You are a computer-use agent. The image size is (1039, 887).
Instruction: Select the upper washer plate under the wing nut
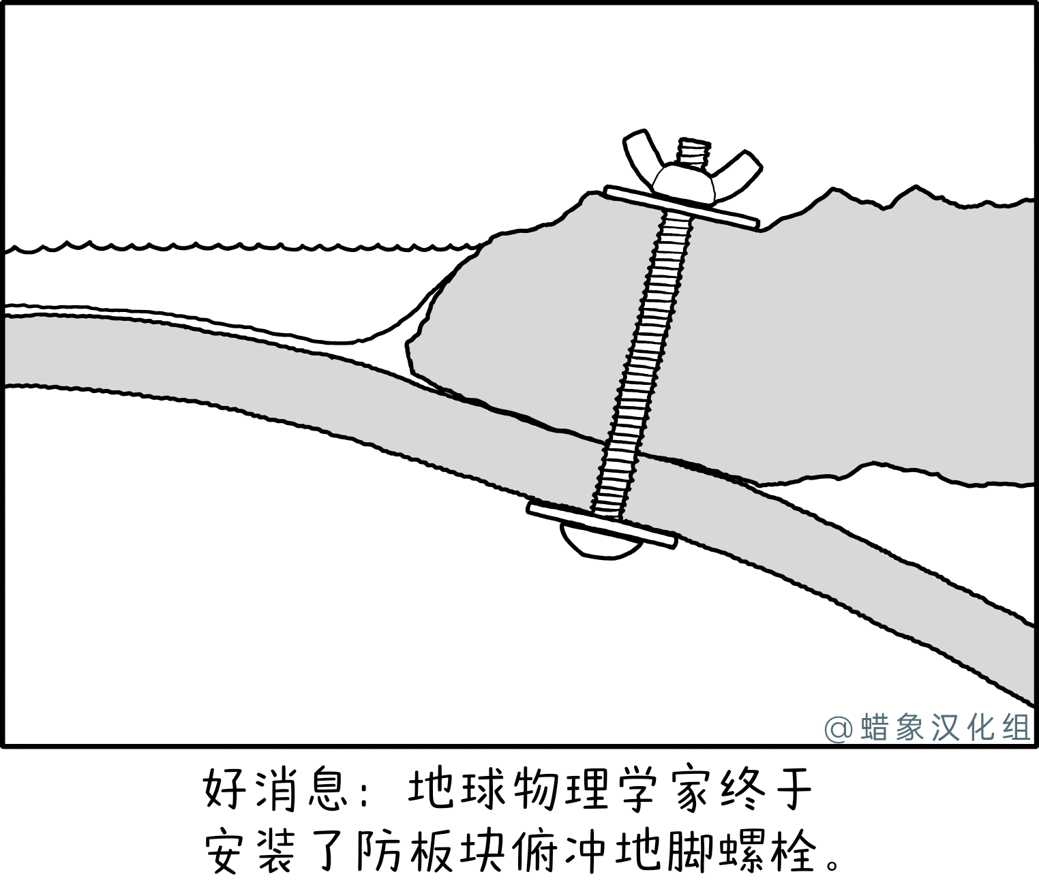(x=682, y=207)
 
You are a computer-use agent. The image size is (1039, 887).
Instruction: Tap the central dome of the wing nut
(x=684, y=184)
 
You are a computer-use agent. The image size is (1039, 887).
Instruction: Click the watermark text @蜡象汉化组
(x=927, y=728)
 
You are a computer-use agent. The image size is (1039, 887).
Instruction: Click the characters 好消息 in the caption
(x=276, y=788)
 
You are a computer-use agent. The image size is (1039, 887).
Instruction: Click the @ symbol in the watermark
(x=839, y=729)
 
